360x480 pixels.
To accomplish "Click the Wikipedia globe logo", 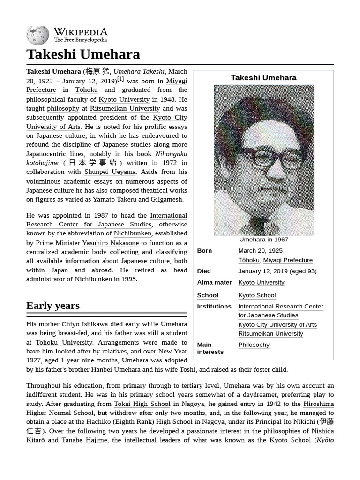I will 37,35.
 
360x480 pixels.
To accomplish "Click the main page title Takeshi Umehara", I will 83,54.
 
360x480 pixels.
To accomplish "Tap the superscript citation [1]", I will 120,79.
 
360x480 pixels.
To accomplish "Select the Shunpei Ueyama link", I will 110,172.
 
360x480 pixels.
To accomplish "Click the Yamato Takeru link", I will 114,199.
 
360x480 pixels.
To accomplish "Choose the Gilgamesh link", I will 166,199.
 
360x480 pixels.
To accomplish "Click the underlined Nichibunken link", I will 133,233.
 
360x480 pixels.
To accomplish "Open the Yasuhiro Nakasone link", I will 110,243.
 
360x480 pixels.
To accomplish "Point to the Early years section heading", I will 53,306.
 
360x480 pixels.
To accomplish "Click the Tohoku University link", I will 64,342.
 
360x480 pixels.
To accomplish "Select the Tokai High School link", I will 142,404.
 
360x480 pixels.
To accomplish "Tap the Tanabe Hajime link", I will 84,440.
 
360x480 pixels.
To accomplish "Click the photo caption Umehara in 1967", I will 263,240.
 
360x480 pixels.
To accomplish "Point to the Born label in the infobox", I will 204,251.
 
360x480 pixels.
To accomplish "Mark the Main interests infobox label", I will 204,348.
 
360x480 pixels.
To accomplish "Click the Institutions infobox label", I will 214,306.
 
